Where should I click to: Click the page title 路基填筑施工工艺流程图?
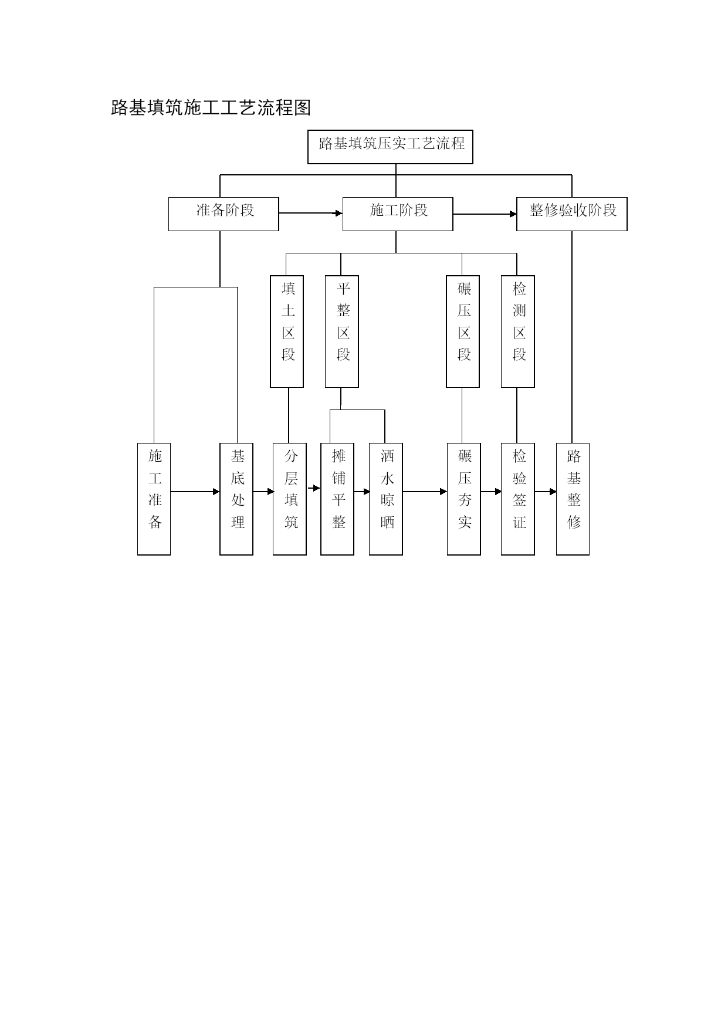[x=211, y=108]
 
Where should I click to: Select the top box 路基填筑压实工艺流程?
[x=390, y=147]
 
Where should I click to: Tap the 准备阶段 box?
[x=224, y=214]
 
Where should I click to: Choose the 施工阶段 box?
[x=398, y=214]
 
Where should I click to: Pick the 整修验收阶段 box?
[x=572, y=214]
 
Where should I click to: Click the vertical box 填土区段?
[x=287, y=331]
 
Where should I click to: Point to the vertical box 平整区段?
[x=342, y=331]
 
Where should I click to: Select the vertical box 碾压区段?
[x=463, y=331]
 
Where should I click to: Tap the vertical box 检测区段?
[x=518, y=331]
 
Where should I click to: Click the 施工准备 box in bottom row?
[x=154, y=499]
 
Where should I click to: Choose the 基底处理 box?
[x=236, y=499]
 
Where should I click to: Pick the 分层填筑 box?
[x=290, y=499]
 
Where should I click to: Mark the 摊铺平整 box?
[x=337, y=499]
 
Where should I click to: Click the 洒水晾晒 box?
[x=386, y=499]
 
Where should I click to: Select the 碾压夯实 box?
[x=464, y=499]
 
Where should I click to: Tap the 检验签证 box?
[x=518, y=499]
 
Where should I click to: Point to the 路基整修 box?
[x=573, y=499]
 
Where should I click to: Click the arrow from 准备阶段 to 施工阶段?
[x=311, y=214]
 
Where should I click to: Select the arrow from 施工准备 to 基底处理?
[x=195, y=492]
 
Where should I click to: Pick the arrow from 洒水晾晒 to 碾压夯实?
[x=425, y=492]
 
